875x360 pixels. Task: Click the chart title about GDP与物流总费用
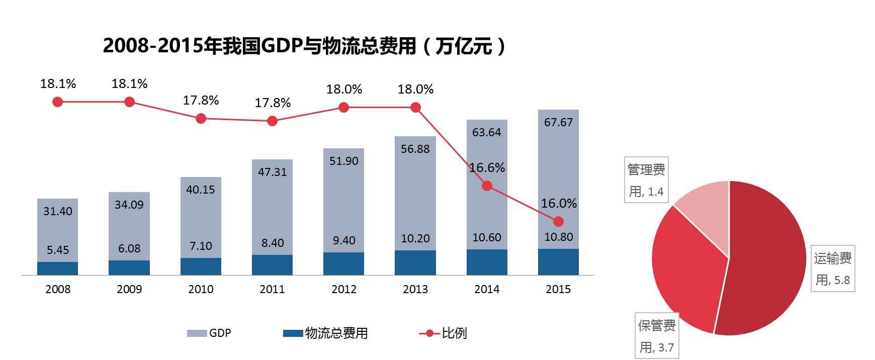pos(304,46)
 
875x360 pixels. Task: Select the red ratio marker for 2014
pos(487,186)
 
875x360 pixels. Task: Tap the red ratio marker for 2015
pos(558,222)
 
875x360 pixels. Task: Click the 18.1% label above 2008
pos(58,84)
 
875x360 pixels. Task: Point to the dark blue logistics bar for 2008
pos(57,268)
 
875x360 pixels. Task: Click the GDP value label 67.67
pos(558,123)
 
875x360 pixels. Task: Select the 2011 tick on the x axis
pos(272,290)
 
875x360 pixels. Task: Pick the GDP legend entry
pos(209,333)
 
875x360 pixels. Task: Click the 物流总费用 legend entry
pos(326,333)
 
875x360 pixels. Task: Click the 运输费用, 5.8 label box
pos(833,269)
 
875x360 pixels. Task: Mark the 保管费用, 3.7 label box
pos(656,336)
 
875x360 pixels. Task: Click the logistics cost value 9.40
pos(344,241)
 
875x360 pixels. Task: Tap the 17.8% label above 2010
pos(201,101)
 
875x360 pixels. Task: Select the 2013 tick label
pos(415,290)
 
